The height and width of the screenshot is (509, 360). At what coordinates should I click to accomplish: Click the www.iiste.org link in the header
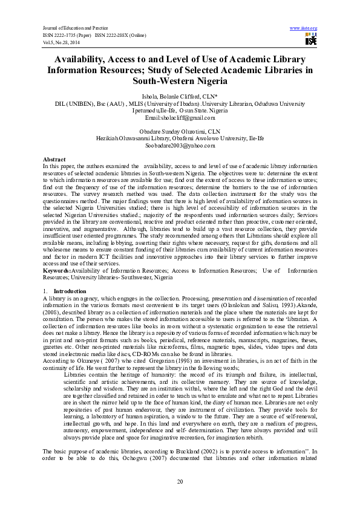(x=304, y=28)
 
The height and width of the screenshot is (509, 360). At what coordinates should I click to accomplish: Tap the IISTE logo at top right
(x=310, y=41)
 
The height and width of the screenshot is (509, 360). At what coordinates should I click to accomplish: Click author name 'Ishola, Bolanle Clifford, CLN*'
(x=180, y=97)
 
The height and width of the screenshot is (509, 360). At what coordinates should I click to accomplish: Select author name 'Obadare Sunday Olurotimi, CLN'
(x=180, y=132)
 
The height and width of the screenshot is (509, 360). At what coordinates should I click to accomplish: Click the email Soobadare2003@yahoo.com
(x=180, y=146)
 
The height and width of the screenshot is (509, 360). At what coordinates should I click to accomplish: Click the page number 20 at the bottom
(x=180, y=481)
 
